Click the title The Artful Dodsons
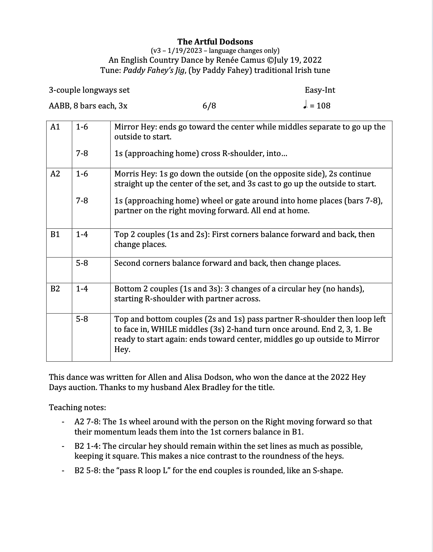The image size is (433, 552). click(x=215, y=42)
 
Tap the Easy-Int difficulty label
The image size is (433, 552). click(x=320, y=90)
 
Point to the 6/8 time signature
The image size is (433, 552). click(x=209, y=106)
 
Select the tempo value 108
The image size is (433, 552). click(x=323, y=106)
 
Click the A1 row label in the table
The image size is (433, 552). click(x=55, y=127)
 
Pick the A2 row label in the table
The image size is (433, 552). click(x=55, y=174)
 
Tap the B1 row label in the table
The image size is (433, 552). click(x=55, y=235)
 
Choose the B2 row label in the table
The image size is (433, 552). click(x=55, y=289)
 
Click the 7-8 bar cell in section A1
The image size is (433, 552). click(x=82, y=154)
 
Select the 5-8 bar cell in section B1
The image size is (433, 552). click(x=82, y=263)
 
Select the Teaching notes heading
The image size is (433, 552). click(x=77, y=408)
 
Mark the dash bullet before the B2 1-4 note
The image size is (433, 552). click(x=63, y=447)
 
